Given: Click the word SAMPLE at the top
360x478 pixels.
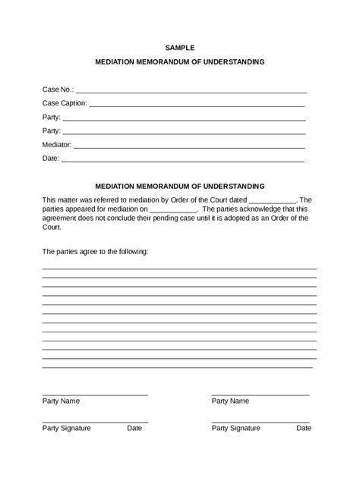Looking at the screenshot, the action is (180, 48).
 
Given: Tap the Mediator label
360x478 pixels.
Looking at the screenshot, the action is (57, 145).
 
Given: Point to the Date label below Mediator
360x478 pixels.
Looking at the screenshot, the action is (50, 159).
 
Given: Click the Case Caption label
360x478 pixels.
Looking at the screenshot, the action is (65, 103).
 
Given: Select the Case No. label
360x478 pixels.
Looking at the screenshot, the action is (58, 90).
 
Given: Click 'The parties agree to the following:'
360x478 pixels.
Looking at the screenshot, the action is (95, 250).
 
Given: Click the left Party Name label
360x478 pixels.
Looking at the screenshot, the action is (61, 401).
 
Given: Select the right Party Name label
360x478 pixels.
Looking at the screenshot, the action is (230, 401).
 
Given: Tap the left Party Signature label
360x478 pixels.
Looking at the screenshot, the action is (66, 428).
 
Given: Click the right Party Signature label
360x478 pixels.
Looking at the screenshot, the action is (235, 428).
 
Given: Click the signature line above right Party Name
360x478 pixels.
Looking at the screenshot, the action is (260, 395).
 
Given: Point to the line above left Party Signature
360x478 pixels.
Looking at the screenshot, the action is (95, 422).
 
